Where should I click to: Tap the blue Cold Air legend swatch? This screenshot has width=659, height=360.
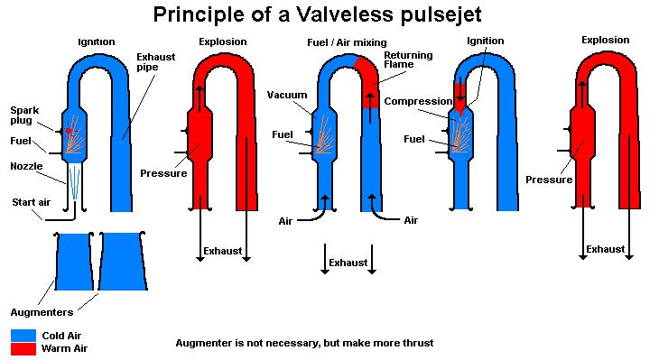click(23, 336)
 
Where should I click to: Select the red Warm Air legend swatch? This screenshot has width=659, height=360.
click(23, 348)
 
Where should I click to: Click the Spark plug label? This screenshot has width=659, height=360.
click(24, 115)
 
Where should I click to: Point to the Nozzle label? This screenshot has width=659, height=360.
click(26, 166)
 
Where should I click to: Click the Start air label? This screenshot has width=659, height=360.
click(31, 202)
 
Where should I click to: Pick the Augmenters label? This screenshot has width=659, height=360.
click(42, 312)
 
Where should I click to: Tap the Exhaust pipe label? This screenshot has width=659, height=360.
click(155, 61)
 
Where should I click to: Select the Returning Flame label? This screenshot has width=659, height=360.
click(408, 60)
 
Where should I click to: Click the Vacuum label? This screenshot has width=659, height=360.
click(287, 95)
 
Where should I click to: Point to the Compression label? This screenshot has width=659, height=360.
click(418, 101)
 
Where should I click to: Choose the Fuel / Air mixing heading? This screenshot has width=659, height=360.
click(347, 42)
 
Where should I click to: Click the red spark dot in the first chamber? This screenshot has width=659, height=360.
click(69, 131)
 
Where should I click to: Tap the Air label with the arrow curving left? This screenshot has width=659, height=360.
click(411, 220)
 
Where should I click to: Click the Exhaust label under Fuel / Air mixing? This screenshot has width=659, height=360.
click(348, 263)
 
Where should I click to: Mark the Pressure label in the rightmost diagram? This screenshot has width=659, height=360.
click(549, 180)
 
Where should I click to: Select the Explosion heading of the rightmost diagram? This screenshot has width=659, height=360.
click(605, 40)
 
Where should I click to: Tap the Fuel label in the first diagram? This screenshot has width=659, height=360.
click(21, 141)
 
